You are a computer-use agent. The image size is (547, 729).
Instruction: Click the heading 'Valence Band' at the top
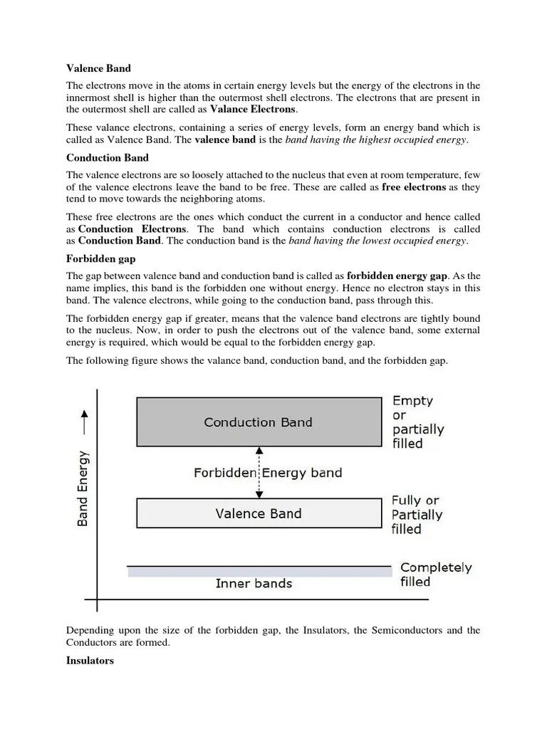coord(99,69)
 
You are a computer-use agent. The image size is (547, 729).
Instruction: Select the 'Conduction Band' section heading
coord(108,157)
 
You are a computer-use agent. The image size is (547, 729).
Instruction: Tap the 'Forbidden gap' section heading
coord(100,259)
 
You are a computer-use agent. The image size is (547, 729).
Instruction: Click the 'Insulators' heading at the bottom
coord(90,661)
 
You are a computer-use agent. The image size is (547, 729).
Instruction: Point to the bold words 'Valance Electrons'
coord(253,110)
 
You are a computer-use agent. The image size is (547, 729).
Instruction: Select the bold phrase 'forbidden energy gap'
coord(397,276)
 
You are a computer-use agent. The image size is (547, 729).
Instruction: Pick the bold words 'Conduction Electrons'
coord(132,229)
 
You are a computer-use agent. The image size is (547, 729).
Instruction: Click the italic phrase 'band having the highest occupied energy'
coord(376,140)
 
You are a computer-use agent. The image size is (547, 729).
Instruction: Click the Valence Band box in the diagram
coord(258,513)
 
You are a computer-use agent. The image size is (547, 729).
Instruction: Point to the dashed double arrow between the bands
coord(259,472)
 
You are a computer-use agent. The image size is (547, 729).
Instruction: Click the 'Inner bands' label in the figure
coord(254,584)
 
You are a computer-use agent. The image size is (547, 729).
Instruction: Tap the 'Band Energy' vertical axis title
coord(83,487)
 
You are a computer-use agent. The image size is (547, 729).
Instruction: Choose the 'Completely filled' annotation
coord(436,575)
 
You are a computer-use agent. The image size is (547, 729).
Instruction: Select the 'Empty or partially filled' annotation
coord(417,422)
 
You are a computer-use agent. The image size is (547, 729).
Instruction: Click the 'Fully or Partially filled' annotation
coord(416,515)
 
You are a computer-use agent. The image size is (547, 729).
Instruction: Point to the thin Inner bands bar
coord(259,571)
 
